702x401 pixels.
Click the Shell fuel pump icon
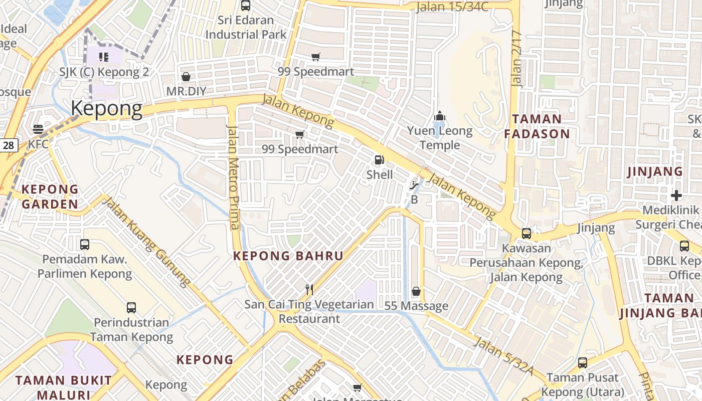[x=379, y=160]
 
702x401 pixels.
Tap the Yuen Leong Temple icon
[x=440, y=116]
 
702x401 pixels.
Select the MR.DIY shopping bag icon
[x=186, y=77]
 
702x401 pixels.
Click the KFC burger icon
[x=38, y=129]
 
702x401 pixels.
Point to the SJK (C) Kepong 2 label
[x=104, y=72]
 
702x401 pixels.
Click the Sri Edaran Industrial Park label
[x=246, y=28]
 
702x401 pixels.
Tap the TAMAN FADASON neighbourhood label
[x=537, y=126]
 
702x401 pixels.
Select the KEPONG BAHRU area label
[x=288, y=256]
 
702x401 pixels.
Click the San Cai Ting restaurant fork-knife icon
[x=309, y=289]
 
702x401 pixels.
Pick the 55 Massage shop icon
[x=416, y=291]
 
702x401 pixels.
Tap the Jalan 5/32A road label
[x=503, y=355]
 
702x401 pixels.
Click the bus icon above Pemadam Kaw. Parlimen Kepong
[x=85, y=245]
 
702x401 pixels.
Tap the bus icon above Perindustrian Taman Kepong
[x=131, y=307]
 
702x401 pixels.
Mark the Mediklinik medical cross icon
[x=676, y=195]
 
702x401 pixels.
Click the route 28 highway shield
[x=9, y=145]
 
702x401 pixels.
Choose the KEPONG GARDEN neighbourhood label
[x=50, y=196]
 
